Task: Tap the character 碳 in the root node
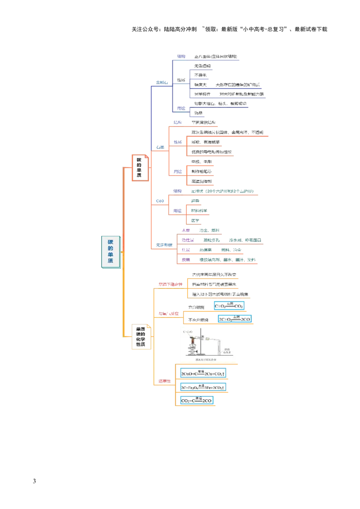point(111,242)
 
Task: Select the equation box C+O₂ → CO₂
point(229,306)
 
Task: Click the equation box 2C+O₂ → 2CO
point(234,319)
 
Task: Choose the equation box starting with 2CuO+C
point(202,374)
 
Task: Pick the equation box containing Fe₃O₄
point(202,387)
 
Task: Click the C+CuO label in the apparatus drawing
point(188,332)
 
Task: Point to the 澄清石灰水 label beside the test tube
point(228,350)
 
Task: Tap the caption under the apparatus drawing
point(206,360)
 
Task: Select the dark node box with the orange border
point(139,168)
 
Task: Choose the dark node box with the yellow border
point(141,337)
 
